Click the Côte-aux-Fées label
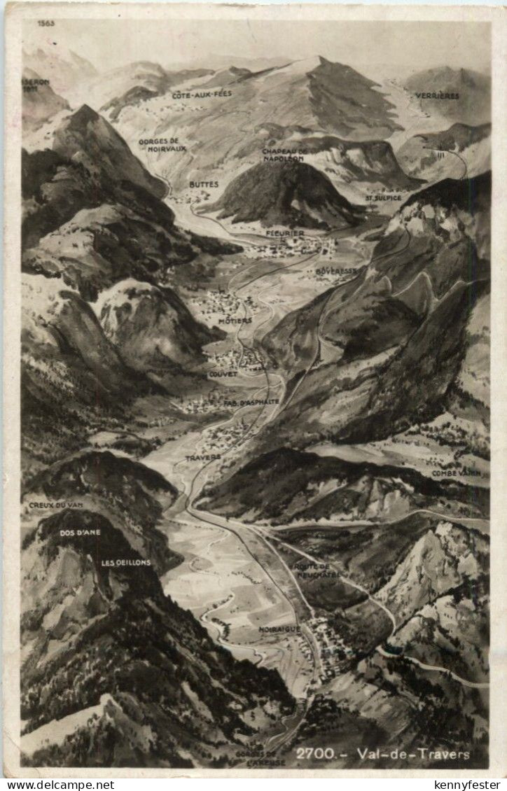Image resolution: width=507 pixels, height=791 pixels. click(x=202, y=93)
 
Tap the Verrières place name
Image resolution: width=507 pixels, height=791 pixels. click(x=437, y=95)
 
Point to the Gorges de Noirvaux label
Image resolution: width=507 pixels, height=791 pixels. click(x=162, y=144)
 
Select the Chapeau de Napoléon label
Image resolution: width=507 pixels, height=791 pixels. click(x=284, y=155)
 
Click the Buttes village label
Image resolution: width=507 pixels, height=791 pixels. click(x=204, y=184)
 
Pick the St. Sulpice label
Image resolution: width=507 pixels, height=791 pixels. click(x=383, y=198)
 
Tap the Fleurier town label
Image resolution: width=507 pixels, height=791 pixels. click(x=285, y=233)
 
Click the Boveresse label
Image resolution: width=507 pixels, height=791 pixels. click(x=336, y=270)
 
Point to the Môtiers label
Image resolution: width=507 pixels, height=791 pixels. click(x=235, y=321)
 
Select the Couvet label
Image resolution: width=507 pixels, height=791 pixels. click(x=223, y=374)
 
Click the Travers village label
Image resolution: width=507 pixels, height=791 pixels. click(x=203, y=458)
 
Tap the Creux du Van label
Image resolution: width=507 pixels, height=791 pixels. click(x=57, y=504)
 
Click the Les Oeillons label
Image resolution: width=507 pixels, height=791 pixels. click(x=125, y=562)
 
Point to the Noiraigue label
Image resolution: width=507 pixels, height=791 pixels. click(x=279, y=629)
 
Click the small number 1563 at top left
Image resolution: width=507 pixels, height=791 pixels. click(x=46, y=23)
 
